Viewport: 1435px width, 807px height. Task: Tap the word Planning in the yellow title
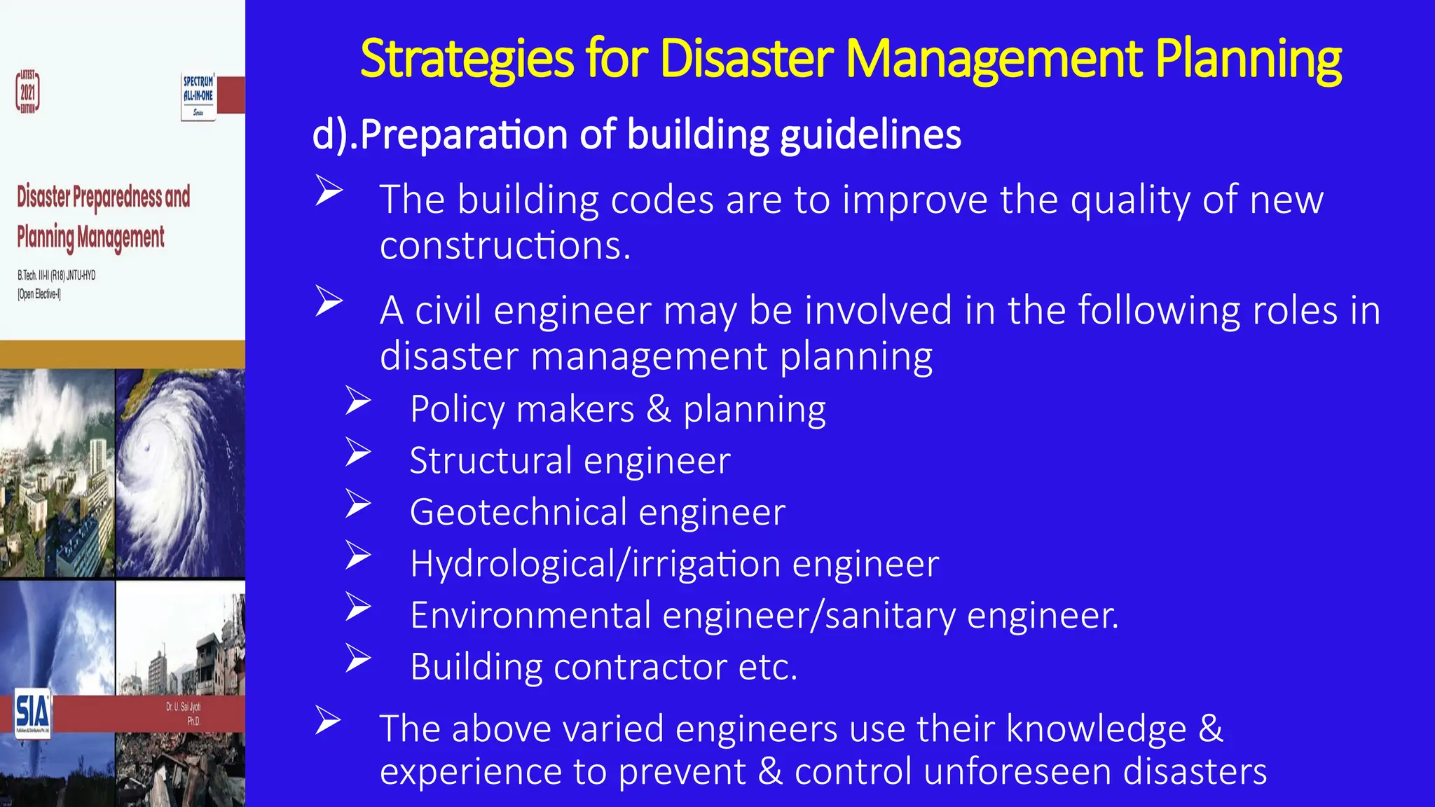coord(1248,59)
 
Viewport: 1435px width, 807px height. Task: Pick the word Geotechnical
coord(518,512)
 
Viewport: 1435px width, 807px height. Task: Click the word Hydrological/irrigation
coord(595,564)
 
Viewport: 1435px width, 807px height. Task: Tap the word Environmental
coord(530,615)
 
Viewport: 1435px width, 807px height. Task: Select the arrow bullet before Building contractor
coord(358,658)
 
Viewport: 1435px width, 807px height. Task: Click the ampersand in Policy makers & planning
coord(658,409)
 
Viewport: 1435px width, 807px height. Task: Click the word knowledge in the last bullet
coord(1096,729)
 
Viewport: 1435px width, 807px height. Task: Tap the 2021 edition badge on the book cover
coord(28,92)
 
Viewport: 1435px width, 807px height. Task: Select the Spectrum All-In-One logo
coord(198,96)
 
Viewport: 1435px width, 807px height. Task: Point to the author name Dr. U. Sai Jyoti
coord(183,707)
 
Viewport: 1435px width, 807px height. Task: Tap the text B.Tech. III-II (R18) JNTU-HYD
coord(57,275)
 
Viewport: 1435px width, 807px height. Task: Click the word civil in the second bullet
coord(448,310)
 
